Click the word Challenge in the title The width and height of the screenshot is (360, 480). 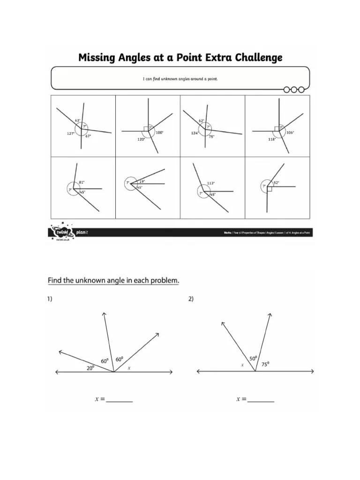(255, 58)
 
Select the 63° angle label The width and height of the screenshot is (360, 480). (78, 120)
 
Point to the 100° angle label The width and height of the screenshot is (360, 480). (159, 133)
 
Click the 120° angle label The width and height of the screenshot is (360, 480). (141, 139)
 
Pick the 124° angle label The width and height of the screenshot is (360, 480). (195, 133)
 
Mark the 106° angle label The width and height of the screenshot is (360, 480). (290, 133)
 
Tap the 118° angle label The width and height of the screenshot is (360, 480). (271, 139)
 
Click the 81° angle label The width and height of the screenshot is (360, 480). (82, 182)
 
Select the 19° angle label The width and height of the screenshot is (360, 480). (142, 181)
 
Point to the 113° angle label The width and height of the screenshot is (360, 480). (211, 183)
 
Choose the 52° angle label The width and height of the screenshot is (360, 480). (277, 182)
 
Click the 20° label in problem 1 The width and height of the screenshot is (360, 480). (90, 368)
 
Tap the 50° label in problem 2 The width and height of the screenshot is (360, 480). (254, 359)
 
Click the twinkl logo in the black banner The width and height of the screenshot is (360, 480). (60, 231)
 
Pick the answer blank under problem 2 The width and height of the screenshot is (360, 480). (261, 400)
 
